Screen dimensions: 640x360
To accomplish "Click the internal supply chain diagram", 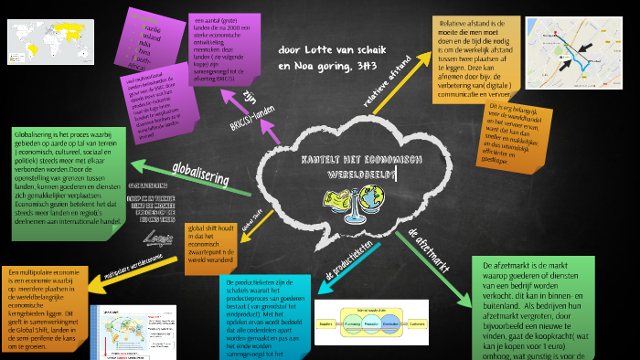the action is point(363,316).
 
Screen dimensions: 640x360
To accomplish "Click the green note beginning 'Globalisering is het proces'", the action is point(64,177).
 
